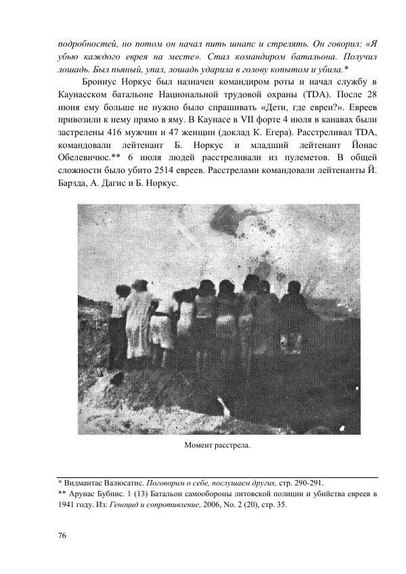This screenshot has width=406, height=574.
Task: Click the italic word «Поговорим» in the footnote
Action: pos(168,483)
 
